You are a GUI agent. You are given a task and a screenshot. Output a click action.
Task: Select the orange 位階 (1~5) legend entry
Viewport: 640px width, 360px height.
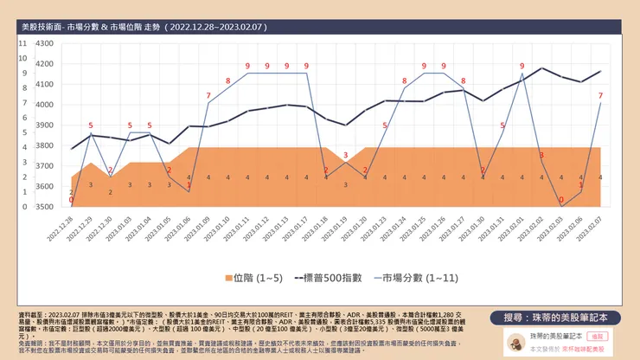pyautogui.click(x=253, y=279)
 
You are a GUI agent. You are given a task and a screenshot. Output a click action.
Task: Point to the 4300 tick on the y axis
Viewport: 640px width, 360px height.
pyautogui.click(x=45, y=64)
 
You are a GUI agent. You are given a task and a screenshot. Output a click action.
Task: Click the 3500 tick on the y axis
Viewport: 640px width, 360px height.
pyautogui.click(x=45, y=208)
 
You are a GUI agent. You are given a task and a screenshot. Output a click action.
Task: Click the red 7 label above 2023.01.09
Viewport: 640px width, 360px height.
pyautogui.click(x=208, y=95)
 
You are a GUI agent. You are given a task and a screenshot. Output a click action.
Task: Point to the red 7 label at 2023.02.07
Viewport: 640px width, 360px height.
pyautogui.click(x=600, y=95)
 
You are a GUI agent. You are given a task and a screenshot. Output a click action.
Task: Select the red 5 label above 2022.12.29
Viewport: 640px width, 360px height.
pyautogui.click(x=91, y=126)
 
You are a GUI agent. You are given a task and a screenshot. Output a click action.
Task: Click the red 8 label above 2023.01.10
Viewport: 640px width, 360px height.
pyautogui.click(x=228, y=80)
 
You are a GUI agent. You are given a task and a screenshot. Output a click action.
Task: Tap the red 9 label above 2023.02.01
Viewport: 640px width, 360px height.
pyautogui.click(x=522, y=66)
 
